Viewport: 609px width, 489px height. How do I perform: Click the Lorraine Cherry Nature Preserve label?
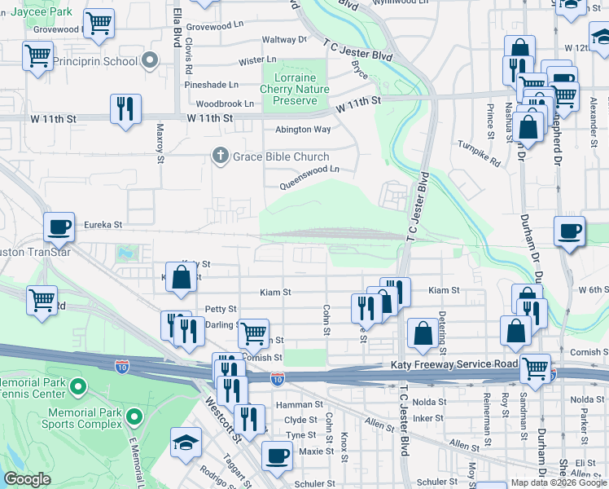295,89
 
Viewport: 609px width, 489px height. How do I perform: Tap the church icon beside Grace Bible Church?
219,156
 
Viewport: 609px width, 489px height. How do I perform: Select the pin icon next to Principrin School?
149,61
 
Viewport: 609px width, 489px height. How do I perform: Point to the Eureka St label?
104,224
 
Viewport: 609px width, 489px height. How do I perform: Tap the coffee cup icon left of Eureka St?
59,228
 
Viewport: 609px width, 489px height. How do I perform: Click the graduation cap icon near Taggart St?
185,443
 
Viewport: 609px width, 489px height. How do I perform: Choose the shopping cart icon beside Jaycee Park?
99,24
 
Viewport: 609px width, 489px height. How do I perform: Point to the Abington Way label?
303,129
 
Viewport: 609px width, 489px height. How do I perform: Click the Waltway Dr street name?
284,38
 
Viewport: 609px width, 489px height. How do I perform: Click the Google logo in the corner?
27,479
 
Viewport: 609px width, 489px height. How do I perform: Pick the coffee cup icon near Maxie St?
277,456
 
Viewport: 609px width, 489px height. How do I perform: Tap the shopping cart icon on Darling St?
253,332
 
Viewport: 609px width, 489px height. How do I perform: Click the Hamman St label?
299,404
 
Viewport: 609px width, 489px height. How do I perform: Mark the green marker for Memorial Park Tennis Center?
78,385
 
